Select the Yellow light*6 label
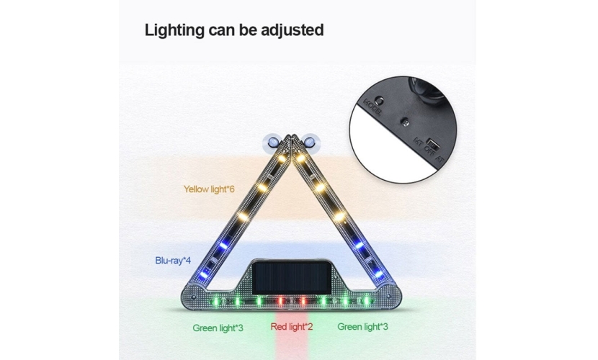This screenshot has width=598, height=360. coord(209,189)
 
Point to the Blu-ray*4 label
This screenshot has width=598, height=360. coord(173,260)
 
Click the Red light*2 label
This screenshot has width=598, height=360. coord(292,327)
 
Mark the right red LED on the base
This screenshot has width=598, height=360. coord(303,300)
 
